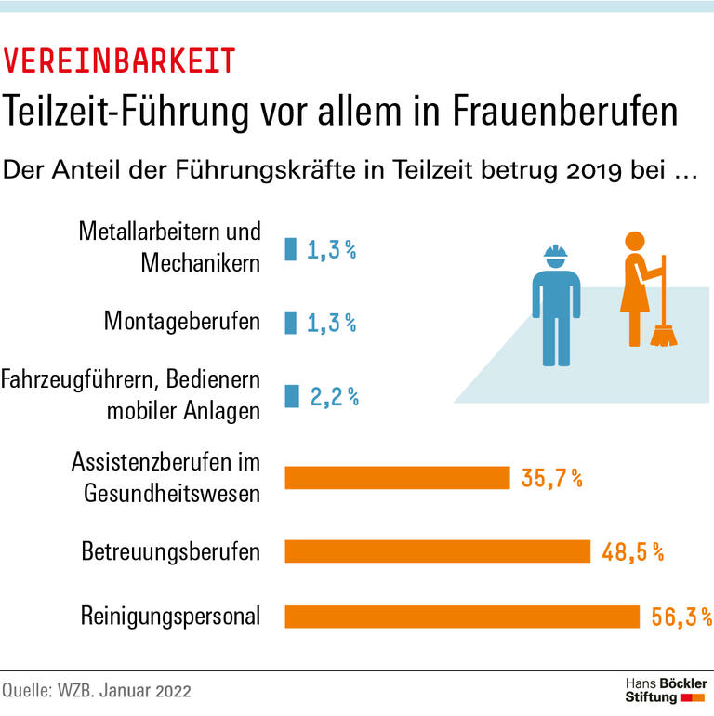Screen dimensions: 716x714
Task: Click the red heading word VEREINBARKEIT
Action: (119, 61)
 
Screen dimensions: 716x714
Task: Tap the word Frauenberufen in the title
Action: (565, 112)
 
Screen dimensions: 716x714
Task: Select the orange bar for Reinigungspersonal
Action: (462, 617)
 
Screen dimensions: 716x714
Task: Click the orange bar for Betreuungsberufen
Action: (437, 551)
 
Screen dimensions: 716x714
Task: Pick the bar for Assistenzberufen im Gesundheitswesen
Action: (397, 478)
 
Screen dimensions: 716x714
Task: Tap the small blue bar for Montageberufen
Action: (290, 323)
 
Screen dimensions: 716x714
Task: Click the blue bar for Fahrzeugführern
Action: (292, 396)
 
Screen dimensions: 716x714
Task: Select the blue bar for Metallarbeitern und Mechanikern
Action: (290, 249)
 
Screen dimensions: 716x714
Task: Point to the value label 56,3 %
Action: (681, 617)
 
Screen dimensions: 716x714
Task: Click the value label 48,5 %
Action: (632, 552)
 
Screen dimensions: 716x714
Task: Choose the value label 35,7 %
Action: (552, 479)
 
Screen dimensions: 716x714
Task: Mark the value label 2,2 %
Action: (334, 397)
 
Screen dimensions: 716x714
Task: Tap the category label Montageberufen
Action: (181, 323)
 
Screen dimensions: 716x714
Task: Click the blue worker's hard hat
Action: (555, 253)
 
